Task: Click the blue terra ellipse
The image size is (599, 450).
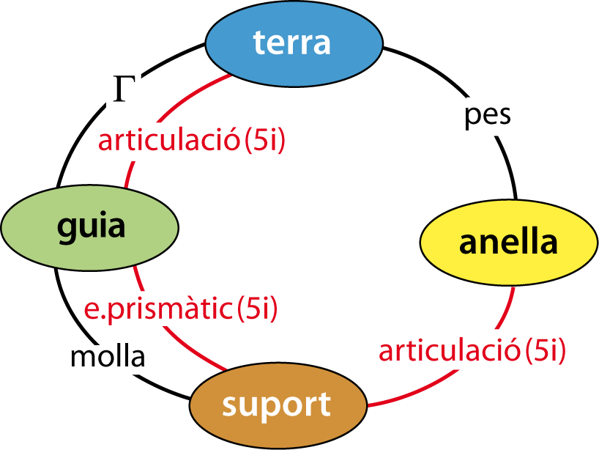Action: coord(294,43)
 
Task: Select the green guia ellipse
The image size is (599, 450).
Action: coord(90,228)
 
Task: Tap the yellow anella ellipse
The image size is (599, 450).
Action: coord(509,243)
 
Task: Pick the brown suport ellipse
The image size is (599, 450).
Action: coord(278,405)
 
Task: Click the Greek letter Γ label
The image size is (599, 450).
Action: coord(124,89)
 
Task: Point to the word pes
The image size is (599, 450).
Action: coord(488,117)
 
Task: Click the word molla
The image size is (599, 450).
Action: coord(108,358)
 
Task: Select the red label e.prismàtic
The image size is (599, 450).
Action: coord(158,309)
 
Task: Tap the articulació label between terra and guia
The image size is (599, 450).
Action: coord(169,140)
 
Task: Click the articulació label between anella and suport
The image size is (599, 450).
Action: coord(450,351)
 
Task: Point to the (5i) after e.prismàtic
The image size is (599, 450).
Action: coord(257,309)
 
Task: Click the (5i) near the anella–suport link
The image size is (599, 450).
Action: coord(545,351)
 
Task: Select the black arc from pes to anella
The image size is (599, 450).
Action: coord(509,166)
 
